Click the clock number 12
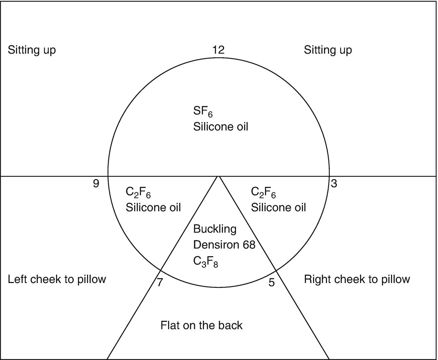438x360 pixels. coord(218,50)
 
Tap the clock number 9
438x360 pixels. coord(96,183)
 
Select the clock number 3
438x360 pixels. coord(334,183)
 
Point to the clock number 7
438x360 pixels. coord(160,282)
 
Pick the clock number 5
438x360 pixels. coord(272,282)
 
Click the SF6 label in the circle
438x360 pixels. coord(201,113)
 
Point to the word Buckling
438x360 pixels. coord(215,229)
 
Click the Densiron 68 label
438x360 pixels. coord(224,245)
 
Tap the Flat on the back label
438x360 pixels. coord(201,325)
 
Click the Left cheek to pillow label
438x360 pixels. coord(57,279)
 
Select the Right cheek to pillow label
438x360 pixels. coord(357,279)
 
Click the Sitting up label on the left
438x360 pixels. coord(32,50)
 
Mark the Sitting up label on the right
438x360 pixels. coord(328,50)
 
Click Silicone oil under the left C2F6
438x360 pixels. coord(153,208)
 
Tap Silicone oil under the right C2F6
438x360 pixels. coord(278,208)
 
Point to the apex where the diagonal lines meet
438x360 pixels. coord(218,177)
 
